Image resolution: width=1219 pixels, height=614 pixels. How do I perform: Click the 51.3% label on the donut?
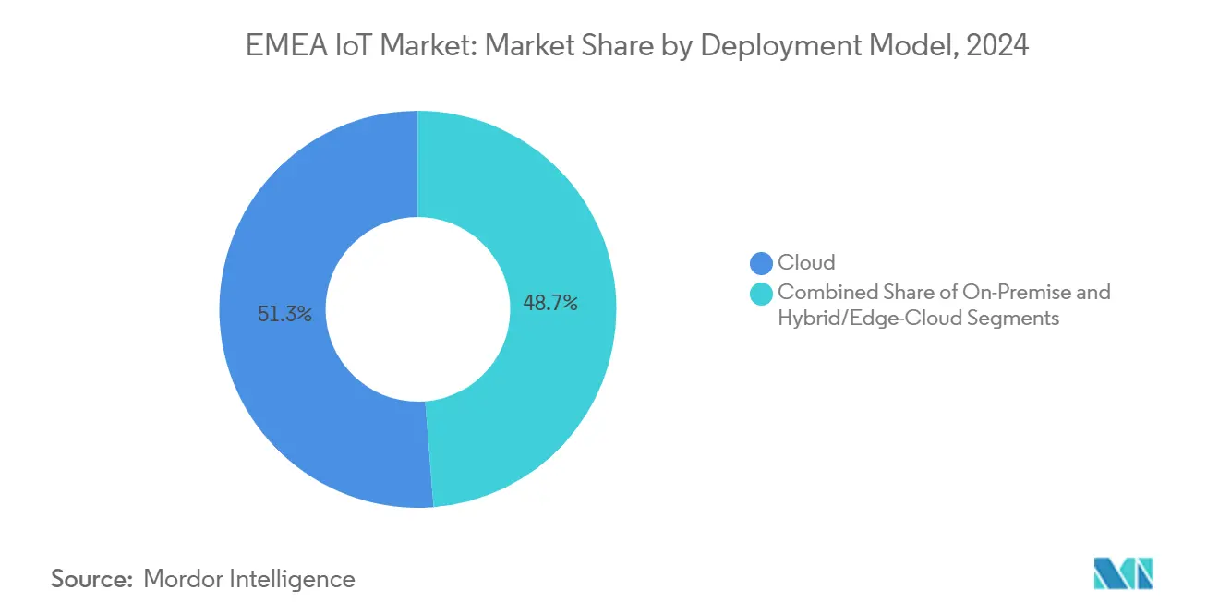pyautogui.click(x=285, y=315)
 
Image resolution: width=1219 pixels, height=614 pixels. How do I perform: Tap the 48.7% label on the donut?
pyautogui.click(x=550, y=302)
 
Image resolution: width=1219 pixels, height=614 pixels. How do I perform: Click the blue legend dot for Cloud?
pyautogui.click(x=762, y=263)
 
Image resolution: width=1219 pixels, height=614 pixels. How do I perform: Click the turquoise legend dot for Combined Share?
pyautogui.click(x=762, y=294)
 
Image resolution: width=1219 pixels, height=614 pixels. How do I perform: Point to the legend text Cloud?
pyautogui.click(x=806, y=263)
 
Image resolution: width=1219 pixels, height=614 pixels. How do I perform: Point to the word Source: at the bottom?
pyautogui.click(x=92, y=579)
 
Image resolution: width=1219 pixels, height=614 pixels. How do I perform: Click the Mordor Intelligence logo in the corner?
pyautogui.click(x=1124, y=574)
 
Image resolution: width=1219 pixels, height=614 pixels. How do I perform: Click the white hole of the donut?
pyautogui.click(x=417, y=309)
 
